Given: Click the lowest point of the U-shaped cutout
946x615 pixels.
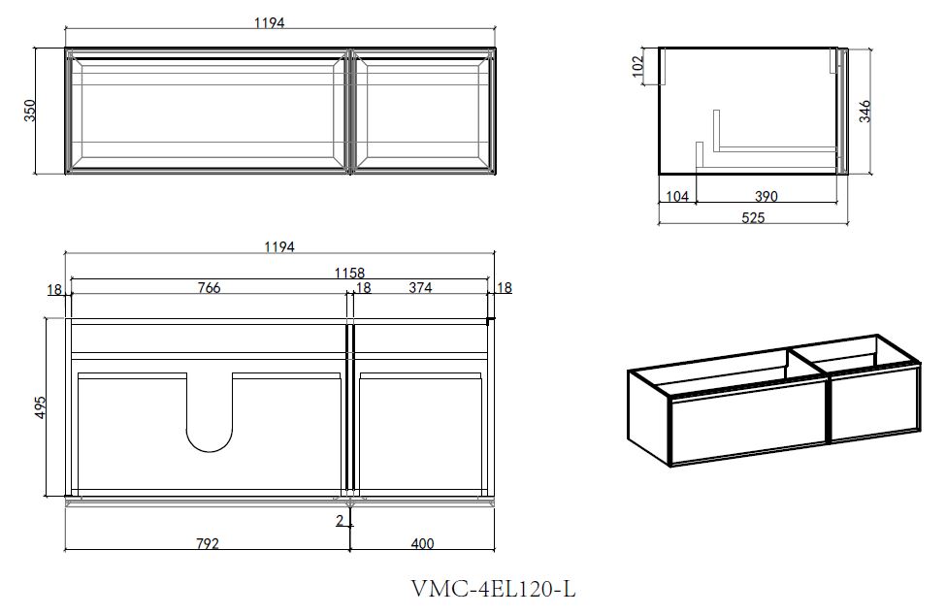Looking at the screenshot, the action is click(x=209, y=452).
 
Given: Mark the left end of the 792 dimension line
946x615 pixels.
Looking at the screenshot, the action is click(x=65, y=550).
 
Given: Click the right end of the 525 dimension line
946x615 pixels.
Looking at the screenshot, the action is click(x=848, y=224).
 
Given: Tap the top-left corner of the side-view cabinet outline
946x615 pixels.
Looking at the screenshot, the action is click(x=659, y=48).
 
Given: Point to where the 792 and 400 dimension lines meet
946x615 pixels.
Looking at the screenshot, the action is click(x=350, y=550).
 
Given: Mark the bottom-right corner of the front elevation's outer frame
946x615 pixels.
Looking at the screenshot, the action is click(x=496, y=175).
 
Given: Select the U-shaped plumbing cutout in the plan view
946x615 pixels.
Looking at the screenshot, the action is click(x=209, y=412).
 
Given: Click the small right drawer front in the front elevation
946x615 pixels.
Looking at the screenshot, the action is click(x=423, y=112).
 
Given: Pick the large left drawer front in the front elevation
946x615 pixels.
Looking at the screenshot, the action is click(x=207, y=112).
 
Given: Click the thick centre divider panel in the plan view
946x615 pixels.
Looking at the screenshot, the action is click(x=348, y=410).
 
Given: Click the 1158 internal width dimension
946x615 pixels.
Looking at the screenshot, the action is click(x=350, y=274).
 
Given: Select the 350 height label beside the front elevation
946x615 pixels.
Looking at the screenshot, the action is click(x=30, y=111).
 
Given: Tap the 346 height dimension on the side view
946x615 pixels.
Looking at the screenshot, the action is click(x=864, y=112).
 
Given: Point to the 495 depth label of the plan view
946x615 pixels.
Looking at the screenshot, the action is click(x=39, y=408).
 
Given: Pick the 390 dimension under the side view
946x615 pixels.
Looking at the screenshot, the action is click(x=767, y=196).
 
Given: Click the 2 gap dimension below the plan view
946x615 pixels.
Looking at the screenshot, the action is click(x=340, y=520).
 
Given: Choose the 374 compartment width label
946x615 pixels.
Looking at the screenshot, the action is click(x=420, y=287).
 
